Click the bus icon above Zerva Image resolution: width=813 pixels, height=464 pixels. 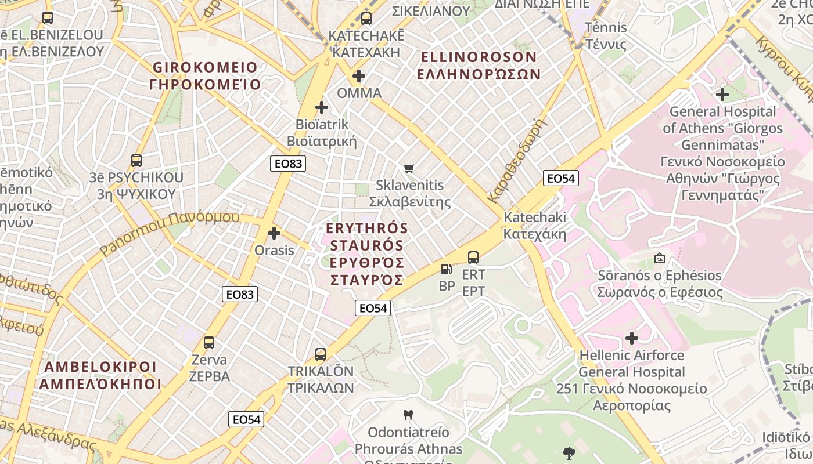[x=209, y=343]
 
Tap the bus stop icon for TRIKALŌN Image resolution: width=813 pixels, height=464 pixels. [x=320, y=354]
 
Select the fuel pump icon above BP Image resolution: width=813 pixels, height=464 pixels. [x=446, y=269]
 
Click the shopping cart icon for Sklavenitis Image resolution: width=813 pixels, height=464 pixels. [x=409, y=169]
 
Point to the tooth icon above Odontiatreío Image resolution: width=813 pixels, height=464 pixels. [x=408, y=415]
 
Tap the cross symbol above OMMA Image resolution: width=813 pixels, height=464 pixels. [x=359, y=76]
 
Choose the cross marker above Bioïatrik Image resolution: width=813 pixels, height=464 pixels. [x=322, y=107]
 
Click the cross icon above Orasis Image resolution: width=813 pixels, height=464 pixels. [x=274, y=234]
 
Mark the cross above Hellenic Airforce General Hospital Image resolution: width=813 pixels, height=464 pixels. [x=632, y=338]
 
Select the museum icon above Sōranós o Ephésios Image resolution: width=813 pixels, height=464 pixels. [x=660, y=258]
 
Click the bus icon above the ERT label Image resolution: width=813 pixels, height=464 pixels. [x=473, y=257]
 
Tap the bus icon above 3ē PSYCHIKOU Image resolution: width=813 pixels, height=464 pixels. [x=136, y=161]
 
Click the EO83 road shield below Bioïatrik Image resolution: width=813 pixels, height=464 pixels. [x=288, y=164]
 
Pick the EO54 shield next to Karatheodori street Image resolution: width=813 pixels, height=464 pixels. [x=560, y=178]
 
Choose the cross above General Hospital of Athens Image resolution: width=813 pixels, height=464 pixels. [x=722, y=94]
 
